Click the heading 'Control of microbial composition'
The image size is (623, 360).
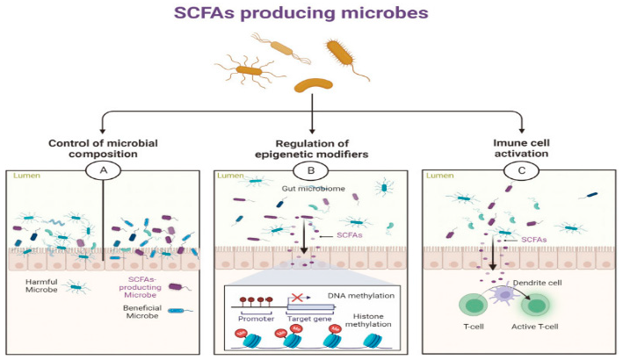(x=104, y=148)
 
